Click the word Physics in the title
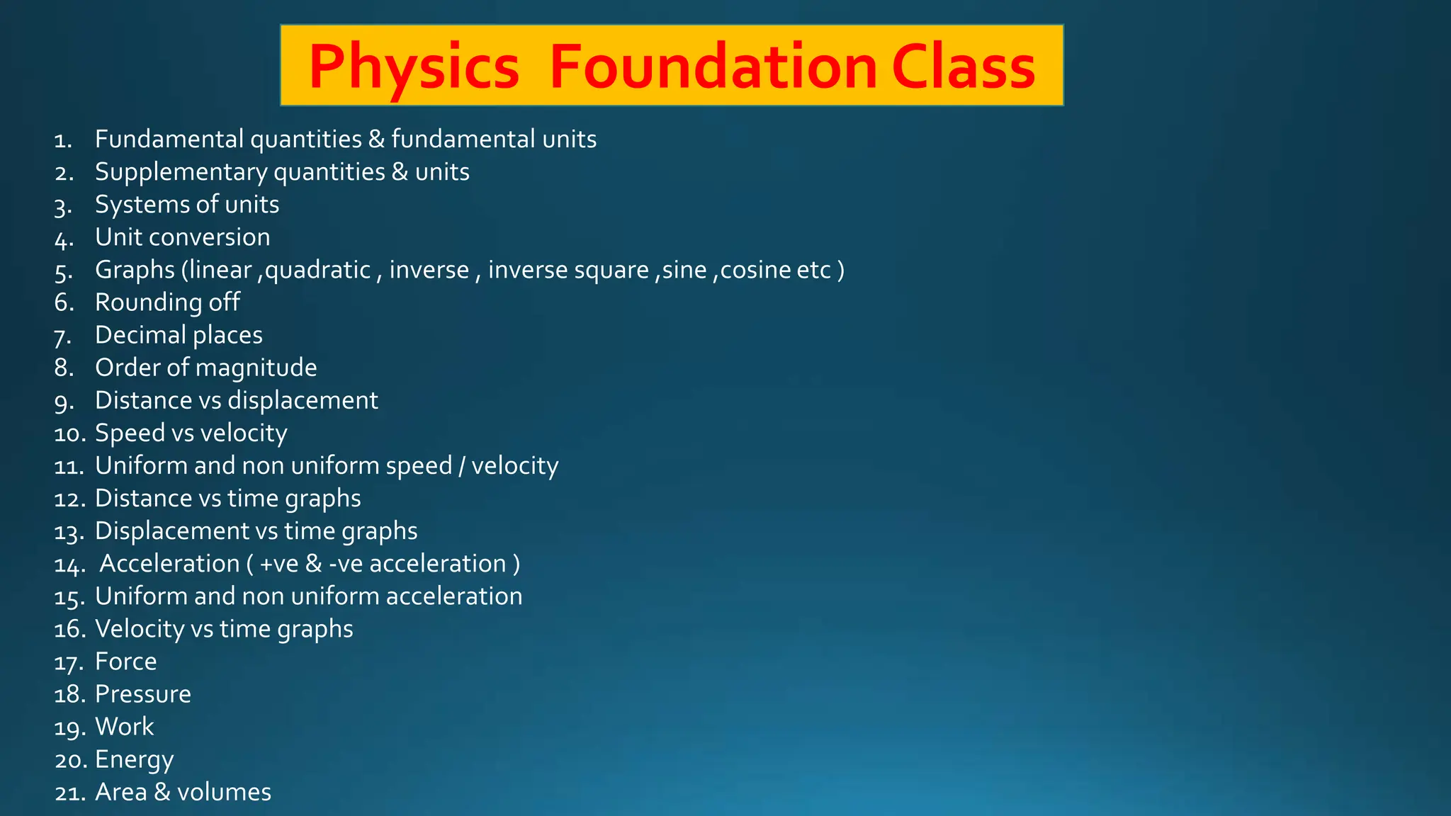click(414, 67)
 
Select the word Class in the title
click(964, 67)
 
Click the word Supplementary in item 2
click(181, 172)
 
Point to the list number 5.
click(63, 271)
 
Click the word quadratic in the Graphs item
click(317, 270)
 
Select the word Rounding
click(148, 302)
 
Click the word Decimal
click(140, 335)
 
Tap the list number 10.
click(69, 433)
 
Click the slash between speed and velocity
click(462, 466)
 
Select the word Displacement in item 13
click(172, 531)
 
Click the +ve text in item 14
click(279, 564)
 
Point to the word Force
click(125, 662)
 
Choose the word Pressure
click(142, 694)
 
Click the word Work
click(124, 727)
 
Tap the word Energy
click(134, 760)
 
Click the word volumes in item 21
click(224, 792)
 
